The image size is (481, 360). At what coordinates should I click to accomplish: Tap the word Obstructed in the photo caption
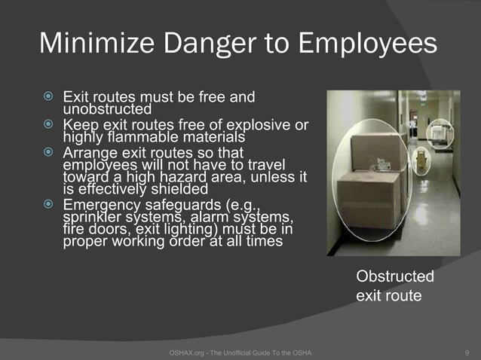pos(394,276)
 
